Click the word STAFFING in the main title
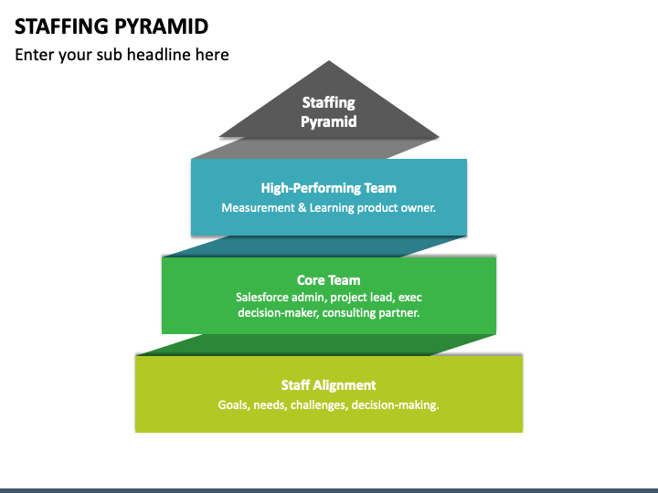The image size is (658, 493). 62,26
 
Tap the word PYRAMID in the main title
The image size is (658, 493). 161,26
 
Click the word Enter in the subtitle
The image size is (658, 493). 34,55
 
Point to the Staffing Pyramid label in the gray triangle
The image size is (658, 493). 329,112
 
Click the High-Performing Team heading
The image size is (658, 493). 329,188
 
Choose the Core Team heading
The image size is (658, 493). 329,280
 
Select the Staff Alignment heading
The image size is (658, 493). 329,385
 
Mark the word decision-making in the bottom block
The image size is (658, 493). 396,405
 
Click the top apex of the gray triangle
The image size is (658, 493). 329,61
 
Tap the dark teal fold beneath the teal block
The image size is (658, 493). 314,246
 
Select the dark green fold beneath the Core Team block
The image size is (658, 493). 315,344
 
